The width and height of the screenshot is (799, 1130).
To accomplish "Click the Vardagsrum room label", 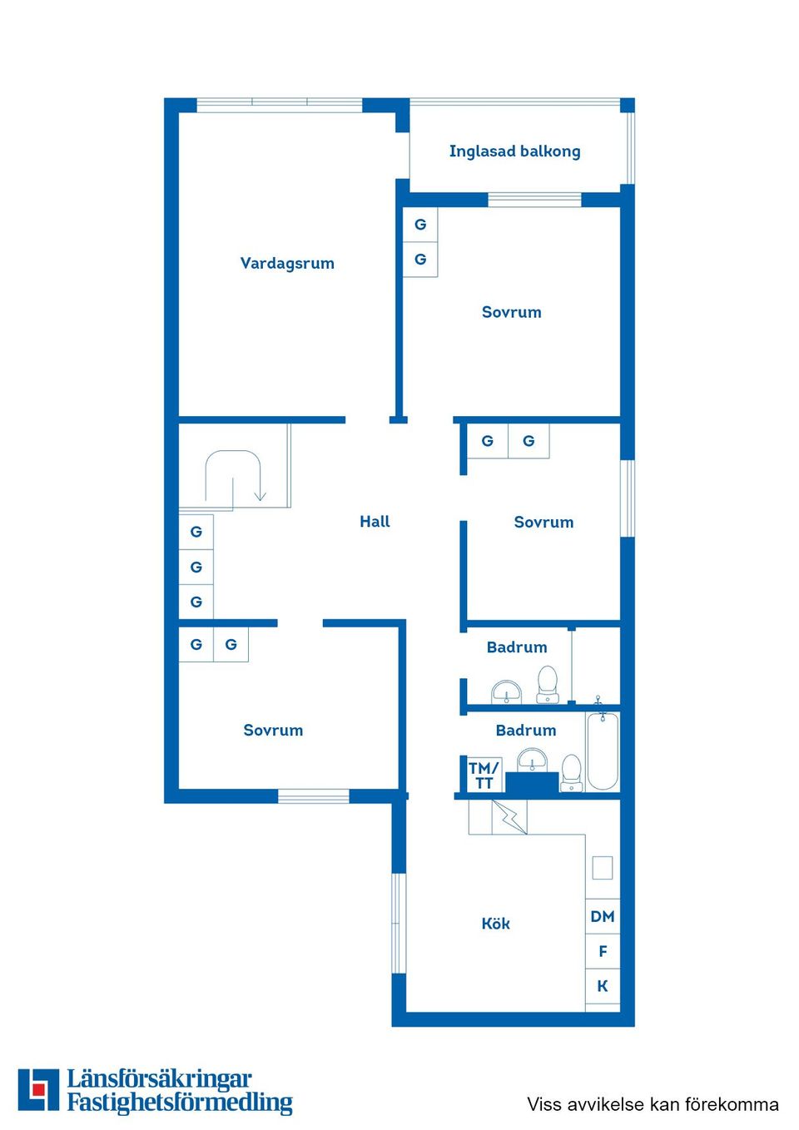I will click(287, 263).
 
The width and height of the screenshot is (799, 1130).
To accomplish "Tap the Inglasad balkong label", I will click(514, 151).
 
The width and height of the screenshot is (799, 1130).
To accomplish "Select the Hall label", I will click(375, 521).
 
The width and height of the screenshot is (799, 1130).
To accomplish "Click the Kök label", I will click(495, 923).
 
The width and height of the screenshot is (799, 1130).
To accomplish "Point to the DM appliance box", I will click(603, 916).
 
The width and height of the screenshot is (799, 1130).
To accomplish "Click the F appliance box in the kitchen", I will click(603, 951).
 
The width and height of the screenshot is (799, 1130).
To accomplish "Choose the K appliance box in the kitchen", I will click(603, 986).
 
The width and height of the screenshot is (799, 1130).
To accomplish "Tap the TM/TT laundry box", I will click(484, 775).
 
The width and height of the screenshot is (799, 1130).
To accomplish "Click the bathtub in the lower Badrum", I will click(603, 751).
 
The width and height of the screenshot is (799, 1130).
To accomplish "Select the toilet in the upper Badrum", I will click(547, 683).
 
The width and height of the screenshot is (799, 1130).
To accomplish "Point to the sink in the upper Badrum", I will click(506, 691).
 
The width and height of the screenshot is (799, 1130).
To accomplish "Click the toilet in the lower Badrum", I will click(571, 771).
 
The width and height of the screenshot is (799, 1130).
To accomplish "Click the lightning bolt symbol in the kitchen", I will click(509, 816).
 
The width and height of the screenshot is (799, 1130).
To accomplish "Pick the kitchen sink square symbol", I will click(603, 868).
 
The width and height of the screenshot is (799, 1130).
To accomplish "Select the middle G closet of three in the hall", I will click(196, 567).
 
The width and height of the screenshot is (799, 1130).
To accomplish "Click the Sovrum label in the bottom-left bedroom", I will click(273, 730).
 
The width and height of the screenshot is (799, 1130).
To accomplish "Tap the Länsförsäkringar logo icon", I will click(38, 1089).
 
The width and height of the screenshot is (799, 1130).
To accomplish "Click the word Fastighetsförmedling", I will click(180, 1103).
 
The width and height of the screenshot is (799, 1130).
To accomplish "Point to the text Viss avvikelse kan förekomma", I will click(653, 1104).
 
